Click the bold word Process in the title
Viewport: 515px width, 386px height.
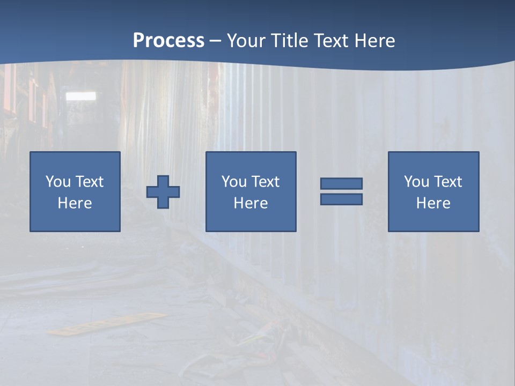click(x=168, y=41)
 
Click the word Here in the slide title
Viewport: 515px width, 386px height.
click(x=373, y=41)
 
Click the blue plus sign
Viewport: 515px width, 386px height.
click(x=163, y=192)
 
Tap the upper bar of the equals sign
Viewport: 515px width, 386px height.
click(x=341, y=183)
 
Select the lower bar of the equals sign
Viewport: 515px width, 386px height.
click(x=341, y=199)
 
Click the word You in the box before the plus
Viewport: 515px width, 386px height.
click(x=58, y=182)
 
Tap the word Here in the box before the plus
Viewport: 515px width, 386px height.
click(x=75, y=203)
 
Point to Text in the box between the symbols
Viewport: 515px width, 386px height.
click(x=265, y=182)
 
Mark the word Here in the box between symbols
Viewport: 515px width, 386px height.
click(x=251, y=203)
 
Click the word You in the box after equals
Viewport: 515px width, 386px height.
click(x=416, y=182)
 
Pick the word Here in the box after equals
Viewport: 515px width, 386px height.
click(x=433, y=203)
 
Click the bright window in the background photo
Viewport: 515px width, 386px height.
click(x=81, y=96)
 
